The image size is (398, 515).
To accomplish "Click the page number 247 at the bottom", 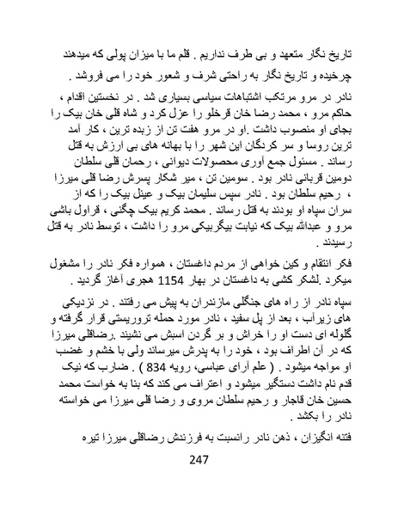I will [198, 482].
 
